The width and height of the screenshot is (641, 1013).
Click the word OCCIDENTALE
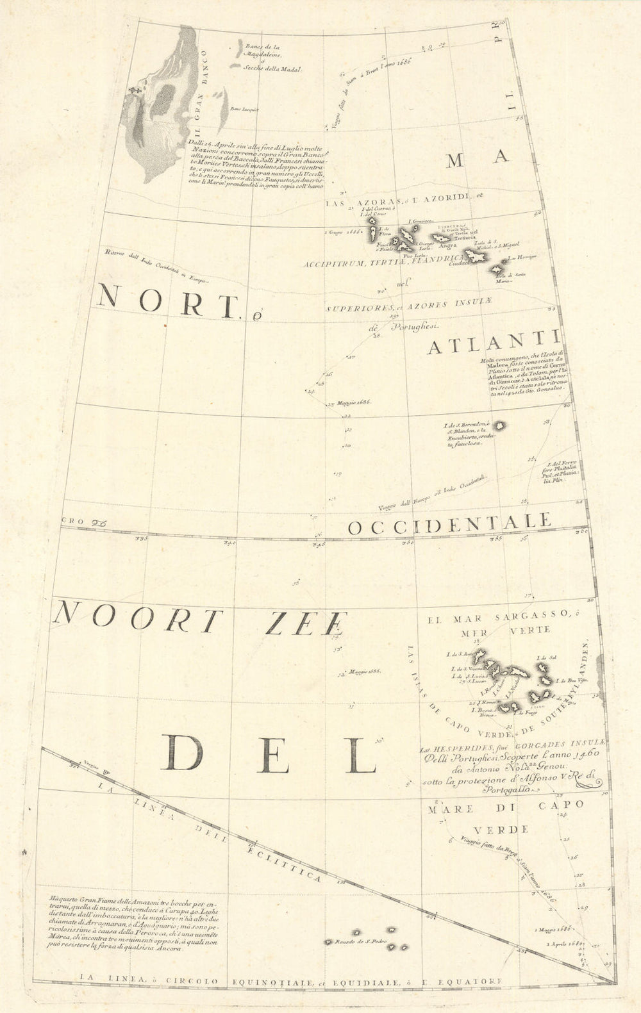point(449,525)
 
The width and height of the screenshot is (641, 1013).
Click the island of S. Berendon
point(499,425)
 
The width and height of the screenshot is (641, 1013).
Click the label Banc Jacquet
point(244,110)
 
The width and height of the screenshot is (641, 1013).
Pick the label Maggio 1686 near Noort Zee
point(363,672)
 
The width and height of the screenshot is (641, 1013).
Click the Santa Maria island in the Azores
point(495,270)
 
